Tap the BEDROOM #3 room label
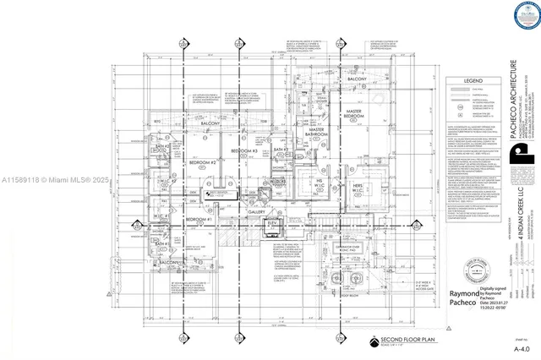244,150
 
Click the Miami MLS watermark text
50,180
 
